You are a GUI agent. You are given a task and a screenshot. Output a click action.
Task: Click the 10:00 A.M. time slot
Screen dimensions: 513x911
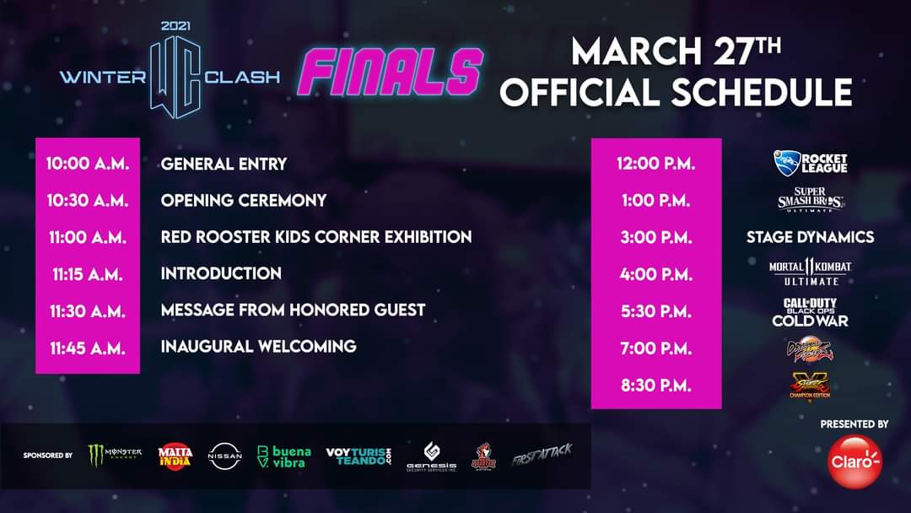point(88,164)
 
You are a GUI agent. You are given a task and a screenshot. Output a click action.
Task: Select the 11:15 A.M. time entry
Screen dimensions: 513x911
point(88,273)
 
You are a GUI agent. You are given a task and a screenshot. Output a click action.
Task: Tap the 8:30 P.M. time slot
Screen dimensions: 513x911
point(656,385)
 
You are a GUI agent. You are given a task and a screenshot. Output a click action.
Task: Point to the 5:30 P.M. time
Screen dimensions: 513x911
point(656,310)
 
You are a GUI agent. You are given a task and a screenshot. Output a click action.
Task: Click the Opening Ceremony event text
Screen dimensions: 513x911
point(244,201)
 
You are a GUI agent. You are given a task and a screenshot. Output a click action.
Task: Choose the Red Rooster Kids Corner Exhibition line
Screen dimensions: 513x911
point(316,237)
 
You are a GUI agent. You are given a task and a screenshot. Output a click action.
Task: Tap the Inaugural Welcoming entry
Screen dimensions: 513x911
point(259,346)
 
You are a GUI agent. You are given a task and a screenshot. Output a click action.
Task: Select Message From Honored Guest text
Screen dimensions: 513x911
point(294,310)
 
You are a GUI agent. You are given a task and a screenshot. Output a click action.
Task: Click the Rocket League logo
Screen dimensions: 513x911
point(810,163)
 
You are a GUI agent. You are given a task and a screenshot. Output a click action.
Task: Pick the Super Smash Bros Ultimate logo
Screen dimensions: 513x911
point(810,201)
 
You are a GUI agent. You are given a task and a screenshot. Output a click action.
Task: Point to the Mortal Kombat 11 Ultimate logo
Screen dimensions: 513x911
point(810,273)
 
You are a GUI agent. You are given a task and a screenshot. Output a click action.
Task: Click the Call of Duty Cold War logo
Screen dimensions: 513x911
point(810,311)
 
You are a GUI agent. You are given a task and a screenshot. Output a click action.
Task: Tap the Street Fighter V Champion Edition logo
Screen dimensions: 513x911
point(810,385)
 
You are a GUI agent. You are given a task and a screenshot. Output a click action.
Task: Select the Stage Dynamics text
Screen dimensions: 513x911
point(810,237)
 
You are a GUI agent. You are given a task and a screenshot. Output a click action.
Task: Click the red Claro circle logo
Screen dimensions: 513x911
point(854,462)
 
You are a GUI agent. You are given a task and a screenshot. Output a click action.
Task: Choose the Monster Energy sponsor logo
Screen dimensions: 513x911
point(116,456)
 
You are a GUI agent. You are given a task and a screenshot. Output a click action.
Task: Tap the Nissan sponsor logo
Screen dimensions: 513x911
point(224,456)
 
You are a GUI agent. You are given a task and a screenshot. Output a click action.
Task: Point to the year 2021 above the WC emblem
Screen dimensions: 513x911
point(175,25)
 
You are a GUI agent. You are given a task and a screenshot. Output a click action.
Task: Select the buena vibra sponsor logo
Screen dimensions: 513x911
point(283,456)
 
